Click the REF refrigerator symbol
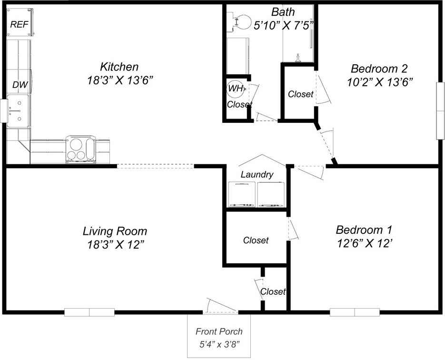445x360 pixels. pos(20,22)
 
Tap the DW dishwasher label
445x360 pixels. pos(20,85)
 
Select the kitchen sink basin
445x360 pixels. pos(18,111)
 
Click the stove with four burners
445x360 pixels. pos(80,150)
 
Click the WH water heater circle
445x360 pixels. pos(235,88)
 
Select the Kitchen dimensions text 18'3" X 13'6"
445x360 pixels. pos(120,80)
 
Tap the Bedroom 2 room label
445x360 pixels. pos(379,69)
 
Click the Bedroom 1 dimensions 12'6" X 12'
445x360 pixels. pos(365,243)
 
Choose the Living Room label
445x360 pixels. pos(115,231)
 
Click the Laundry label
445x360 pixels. pos(257,174)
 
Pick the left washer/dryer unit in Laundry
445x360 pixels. pos(242,194)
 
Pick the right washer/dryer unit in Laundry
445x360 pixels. pos(271,194)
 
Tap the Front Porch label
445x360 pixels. pos(219,331)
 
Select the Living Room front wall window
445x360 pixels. pos(89,312)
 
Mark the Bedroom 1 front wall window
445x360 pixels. pos(355,312)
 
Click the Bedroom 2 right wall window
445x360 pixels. pos(440,111)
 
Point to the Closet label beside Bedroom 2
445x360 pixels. pos(300,94)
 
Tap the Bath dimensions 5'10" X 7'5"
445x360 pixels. pos(283,26)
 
